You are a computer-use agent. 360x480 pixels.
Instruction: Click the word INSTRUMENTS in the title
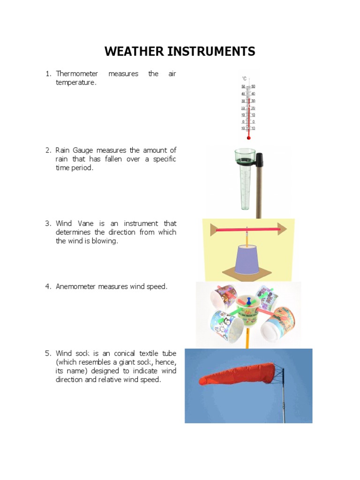pos(211,52)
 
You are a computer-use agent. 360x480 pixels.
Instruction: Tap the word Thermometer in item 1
pos(77,74)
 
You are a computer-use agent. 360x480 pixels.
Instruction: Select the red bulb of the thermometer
pos(248,137)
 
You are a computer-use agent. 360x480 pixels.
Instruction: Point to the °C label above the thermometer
pos(244,79)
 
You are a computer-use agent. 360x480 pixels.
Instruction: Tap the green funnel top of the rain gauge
pos(244,157)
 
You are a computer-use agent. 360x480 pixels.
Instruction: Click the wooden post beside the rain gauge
pos(258,197)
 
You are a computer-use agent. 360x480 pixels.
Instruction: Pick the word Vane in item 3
pos(83,224)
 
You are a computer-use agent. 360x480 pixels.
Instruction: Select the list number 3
pos(48,224)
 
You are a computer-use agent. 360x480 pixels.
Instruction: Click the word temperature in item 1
pos(76,82)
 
